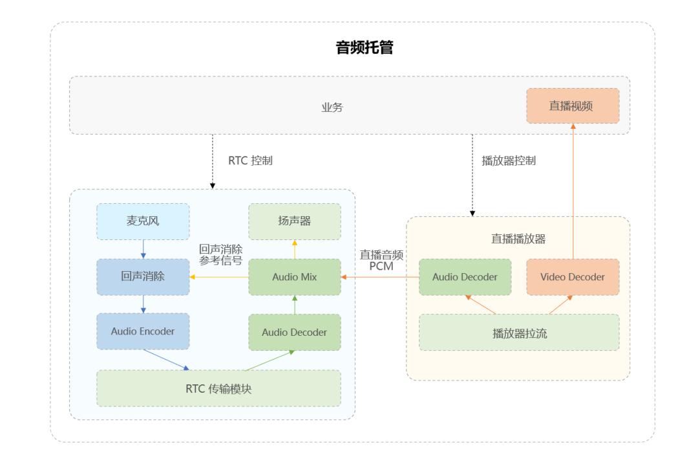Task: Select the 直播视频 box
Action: (572, 105)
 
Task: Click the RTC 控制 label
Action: (251, 161)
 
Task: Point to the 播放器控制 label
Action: (509, 161)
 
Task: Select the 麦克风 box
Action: (143, 221)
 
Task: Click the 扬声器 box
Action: (295, 221)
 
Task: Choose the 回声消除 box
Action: (143, 277)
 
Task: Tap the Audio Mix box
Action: (295, 277)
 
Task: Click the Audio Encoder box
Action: (143, 331)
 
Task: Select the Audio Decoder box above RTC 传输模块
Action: (295, 332)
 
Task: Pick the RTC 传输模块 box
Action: (218, 388)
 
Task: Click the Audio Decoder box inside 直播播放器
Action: (465, 277)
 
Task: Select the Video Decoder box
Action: (573, 277)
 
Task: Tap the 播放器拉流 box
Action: (519, 333)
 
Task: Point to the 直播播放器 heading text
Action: (518, 239)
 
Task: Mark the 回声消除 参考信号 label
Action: (221, 254)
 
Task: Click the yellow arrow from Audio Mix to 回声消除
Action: (220, 277)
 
